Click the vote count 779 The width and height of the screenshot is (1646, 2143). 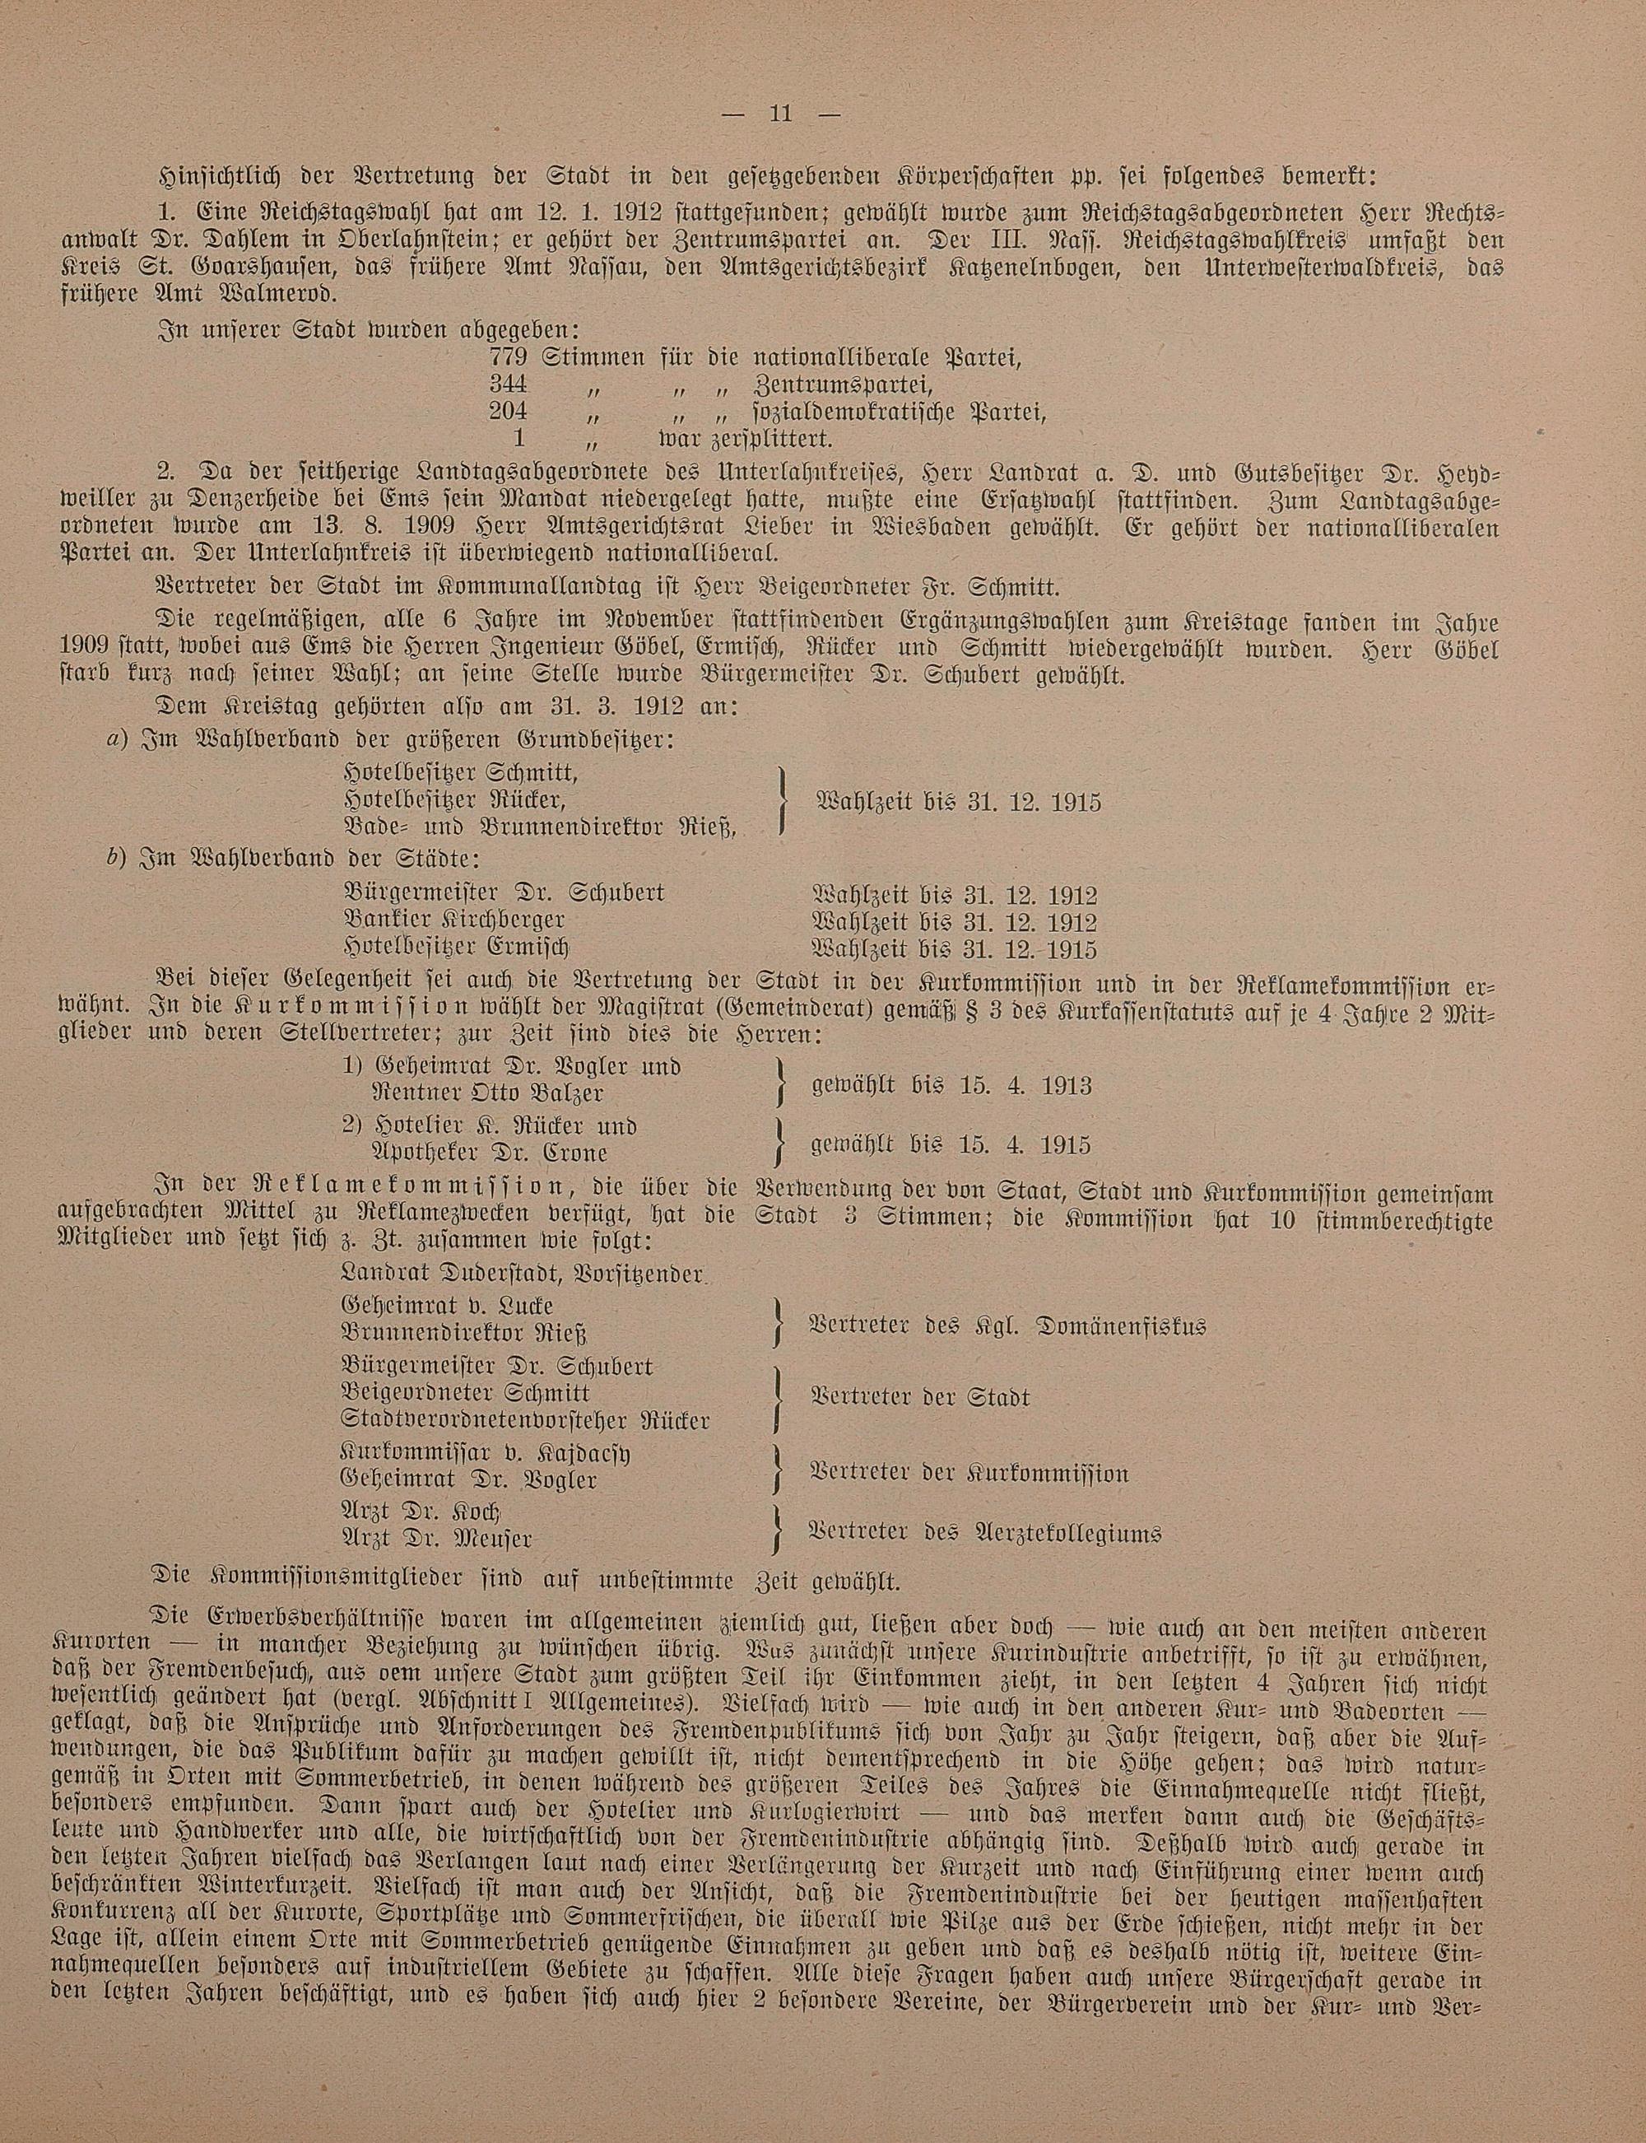click(x=509, y=356)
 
